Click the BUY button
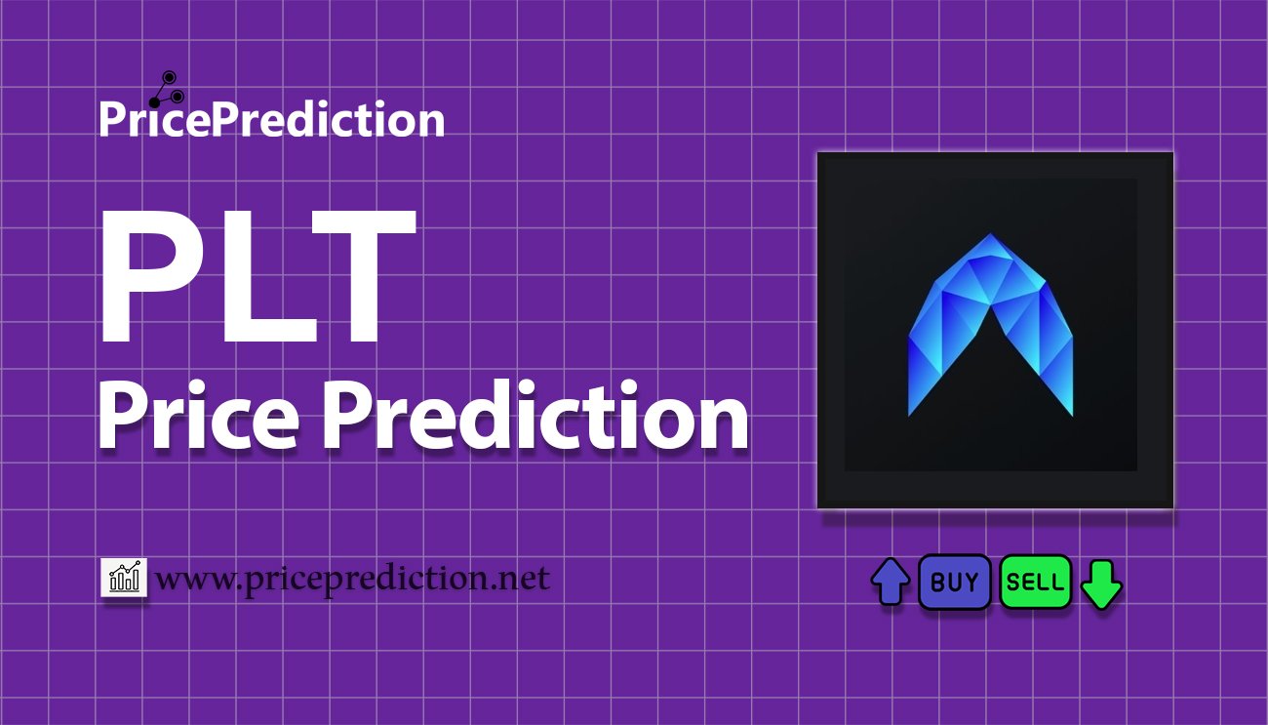954,583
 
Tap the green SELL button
1035,583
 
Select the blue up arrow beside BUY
890,583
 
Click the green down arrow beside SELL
1102,584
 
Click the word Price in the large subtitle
201,419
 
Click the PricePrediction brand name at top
271,120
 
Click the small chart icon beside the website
124,579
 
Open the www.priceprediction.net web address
352,580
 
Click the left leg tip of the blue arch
911,411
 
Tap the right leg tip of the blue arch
1070,411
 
